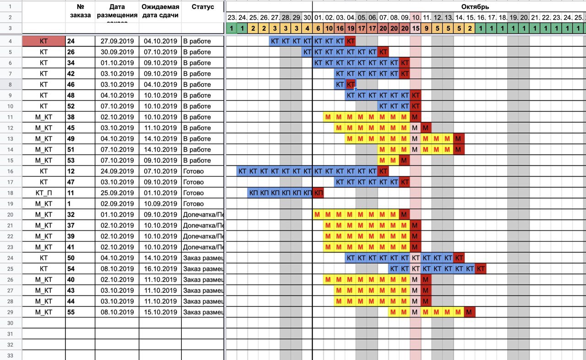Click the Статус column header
[x=202, y=7]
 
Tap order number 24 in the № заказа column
[x=71, y=41]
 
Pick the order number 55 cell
[x=71, y=312]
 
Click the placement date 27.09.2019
[x=117, y=41]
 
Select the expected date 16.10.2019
[x=160, y=269]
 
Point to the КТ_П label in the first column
[x=43, y=193]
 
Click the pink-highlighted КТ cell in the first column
[x=43, y=41]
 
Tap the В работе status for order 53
[x=197, y=160]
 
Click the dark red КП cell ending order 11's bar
[x=318, y=193]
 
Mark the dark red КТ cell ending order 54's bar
[x=481, y=269]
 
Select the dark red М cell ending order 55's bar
[x=470, y=312]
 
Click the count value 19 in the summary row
[x=351, y=28]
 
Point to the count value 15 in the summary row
[x=416, y=28]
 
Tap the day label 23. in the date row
[x=232, y=18]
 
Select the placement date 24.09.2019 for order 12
[x=117, y=171]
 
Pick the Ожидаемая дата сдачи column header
[x=160, y=11]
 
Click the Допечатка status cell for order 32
[x=203, y=215]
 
